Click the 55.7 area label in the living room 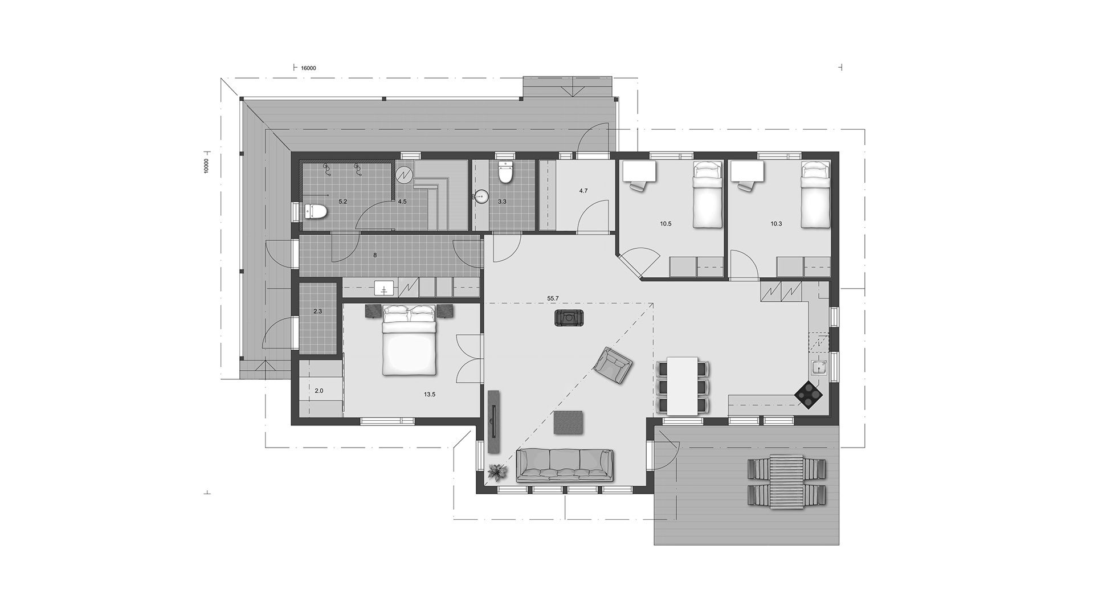click(553, 298)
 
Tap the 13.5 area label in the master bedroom click(430, 394)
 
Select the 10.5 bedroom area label click(666, 224)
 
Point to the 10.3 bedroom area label click(776, 224)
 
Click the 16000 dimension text click(308, 68)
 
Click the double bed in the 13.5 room click(410, 340)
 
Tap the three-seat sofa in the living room click(565, 465)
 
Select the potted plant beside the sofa click(498, 472)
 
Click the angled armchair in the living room click(613, 364)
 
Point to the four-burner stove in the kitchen click(809, 393)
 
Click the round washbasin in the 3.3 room click(481, 197)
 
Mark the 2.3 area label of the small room click(318, 311)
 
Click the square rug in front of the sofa click(568, 422)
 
